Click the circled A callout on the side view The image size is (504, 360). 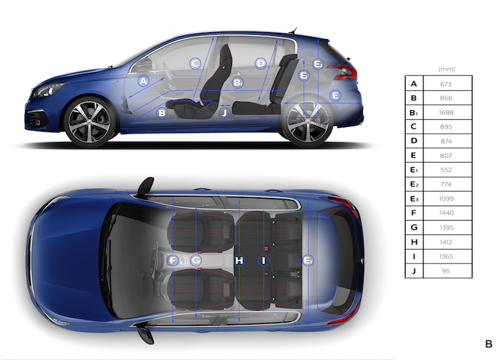pyautogui.click(x=144, y=81)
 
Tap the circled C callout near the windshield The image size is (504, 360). pyautogui.click(x=195, y=64)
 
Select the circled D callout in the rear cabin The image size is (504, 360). pyautogui.click(x=261, y=64)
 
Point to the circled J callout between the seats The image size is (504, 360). pyautogui.click(x=224, y=113)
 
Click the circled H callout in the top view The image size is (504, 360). pyautogui.click(x=239, y=260)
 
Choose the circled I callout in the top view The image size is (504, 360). pyautogui.click(x=263, y=260)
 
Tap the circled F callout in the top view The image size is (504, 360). pyautogui.click(x=173, y=260)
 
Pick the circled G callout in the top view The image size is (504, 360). pyautogui.click(x=196, y=260)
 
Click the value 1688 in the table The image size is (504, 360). pyautogui.click(x=446, y=113)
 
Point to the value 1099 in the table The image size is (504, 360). pyautogui.click(x=446, y=199)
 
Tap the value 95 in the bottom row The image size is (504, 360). pyautogui.click(x=446, y=271)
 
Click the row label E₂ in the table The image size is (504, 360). pyautogui.click(x=415, y=184)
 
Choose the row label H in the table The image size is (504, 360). pyautogui.click(x=414, y=242)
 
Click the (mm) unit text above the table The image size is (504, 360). pyautogui.click(x=447, y=69)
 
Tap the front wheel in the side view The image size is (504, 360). pyautogui.click(x=89, y=122)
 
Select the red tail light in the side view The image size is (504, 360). pyautogui.click(x=343, y=72)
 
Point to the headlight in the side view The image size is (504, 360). pyautogui.click(x=49, y=90)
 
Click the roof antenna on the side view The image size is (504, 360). pyautogui.click(x=293, y=30)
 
